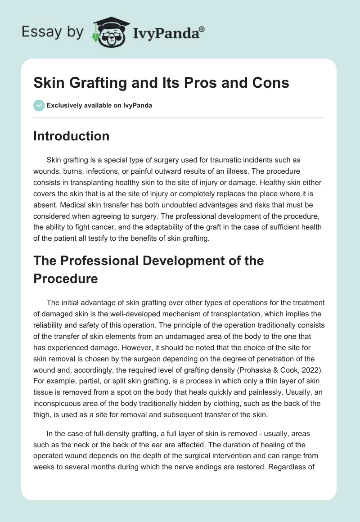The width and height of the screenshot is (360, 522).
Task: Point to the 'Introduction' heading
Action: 71,136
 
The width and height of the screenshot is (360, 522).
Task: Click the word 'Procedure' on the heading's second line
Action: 65,278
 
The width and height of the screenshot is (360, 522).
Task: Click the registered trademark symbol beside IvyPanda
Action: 202,29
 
